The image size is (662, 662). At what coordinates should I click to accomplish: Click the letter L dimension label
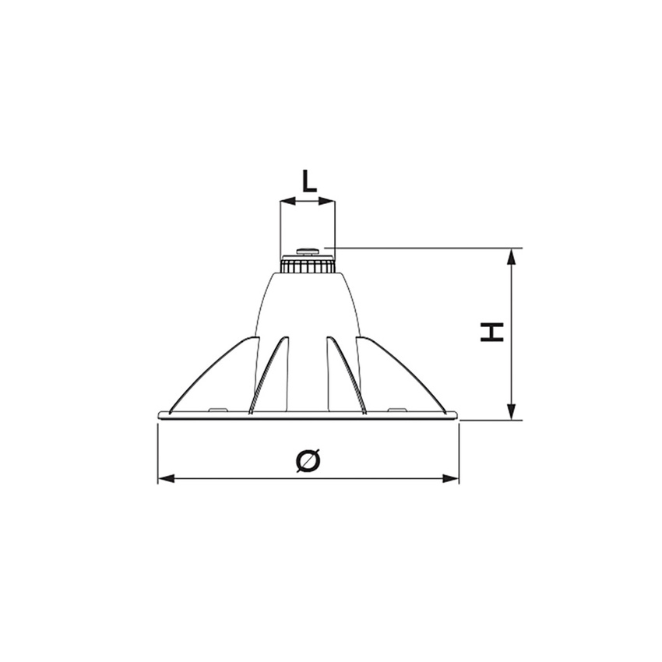tap(308, 181)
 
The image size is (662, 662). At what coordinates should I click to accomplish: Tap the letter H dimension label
tap(491, 333)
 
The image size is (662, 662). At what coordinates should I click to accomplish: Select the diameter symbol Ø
tap(308, 461)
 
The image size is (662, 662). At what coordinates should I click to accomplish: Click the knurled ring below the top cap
tap(308, 266)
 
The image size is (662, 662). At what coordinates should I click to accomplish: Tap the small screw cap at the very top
tap(308, 251)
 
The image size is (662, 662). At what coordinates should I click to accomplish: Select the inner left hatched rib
tap(267, 374)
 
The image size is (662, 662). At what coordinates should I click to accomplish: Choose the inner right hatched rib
tap(348, 374)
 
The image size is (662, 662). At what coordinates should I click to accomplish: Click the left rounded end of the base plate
tap(160, 415)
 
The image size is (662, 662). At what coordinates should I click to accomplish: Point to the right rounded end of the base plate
tap(456, 415)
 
